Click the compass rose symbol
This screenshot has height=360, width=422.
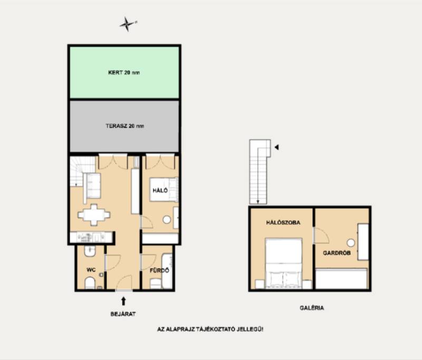pos(127,24)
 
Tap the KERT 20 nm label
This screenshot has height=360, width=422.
pos(124,72)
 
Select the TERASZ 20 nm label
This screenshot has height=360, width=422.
pos(124,126)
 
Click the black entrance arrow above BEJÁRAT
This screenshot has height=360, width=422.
pos(123,301)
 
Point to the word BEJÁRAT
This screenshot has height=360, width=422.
pos(123,314)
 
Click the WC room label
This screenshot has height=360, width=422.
pos(91,270)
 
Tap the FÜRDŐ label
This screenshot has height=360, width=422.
pos(159,270)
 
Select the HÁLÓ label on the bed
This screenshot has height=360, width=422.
pos(160,191)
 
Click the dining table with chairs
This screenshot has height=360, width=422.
pos(94,215)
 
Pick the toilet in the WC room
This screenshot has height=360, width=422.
pos(90,283)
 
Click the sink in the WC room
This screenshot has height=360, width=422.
pos(90,250)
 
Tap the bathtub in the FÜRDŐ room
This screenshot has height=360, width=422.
pos(167,271)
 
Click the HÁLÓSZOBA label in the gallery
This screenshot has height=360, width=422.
pos(283,223)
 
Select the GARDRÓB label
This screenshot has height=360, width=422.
pos(337,253)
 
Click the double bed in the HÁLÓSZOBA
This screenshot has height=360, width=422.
pos(283,263)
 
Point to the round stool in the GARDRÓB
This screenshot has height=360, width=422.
pos(351,243)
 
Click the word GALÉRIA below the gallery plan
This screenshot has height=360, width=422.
pos(312,308)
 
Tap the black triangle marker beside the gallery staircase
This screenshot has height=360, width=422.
pos(276,147)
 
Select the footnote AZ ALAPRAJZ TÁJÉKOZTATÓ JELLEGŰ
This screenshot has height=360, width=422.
pos(210,329)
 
